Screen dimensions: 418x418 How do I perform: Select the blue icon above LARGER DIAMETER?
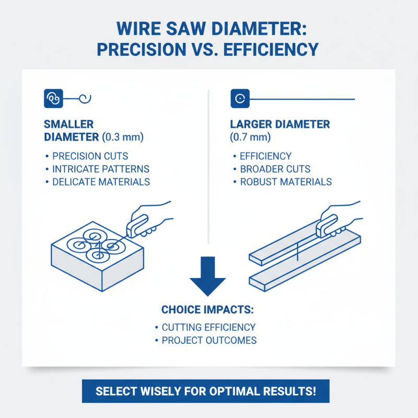coord(240,98)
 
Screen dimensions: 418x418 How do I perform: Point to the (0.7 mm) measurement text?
coord(250,137)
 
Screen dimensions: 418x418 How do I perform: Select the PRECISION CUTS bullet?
coord(90,156)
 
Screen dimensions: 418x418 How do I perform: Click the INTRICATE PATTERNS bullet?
coord(100,169)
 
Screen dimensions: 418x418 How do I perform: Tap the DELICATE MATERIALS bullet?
coord(101,182)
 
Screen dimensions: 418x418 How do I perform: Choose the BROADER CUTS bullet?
coord(275,169)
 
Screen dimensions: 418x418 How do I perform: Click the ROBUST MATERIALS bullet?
coord(285,182)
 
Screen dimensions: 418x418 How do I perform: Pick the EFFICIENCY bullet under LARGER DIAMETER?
coord(265,156)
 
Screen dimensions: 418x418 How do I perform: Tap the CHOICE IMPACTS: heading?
coord(207,309)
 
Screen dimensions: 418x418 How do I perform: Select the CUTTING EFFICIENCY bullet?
coord(208,328)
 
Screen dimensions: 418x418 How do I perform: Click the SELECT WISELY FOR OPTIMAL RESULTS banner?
coord(205,391)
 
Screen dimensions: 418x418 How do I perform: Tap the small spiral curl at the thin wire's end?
coord(86,97)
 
